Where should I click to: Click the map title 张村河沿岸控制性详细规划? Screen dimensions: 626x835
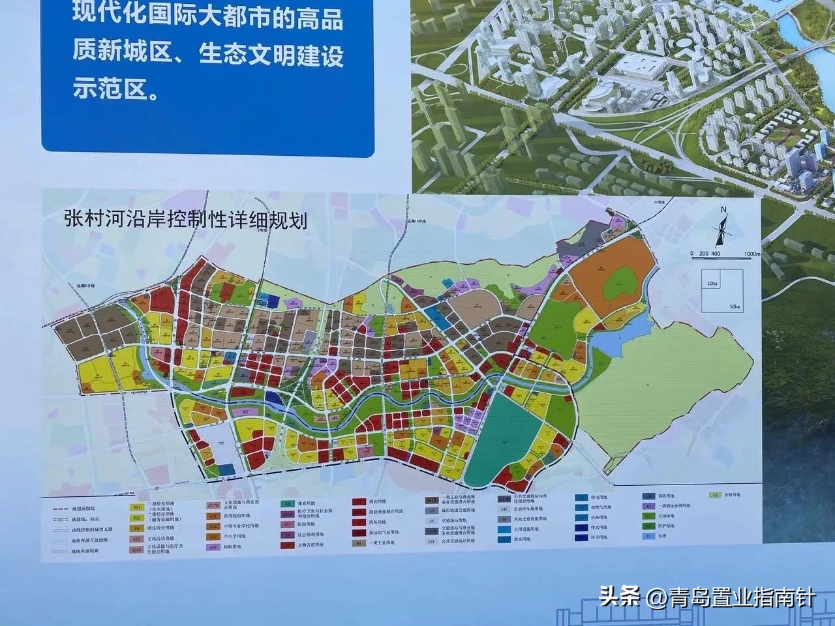[x=185, y=219]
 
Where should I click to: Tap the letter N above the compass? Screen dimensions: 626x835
[x=723, y=210]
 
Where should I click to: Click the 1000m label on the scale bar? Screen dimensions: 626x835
[x=751, y=254]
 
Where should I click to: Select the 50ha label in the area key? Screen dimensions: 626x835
[x=736, y=306]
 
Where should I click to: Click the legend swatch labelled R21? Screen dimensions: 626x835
[x=137, y=507]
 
